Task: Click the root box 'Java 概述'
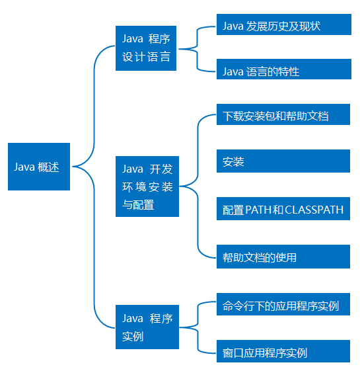pos(39,167)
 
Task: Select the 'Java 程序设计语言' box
pos(146,48)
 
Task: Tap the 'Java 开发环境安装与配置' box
pos(147,186)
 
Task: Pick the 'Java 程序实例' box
pos(147,327)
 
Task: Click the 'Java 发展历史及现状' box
pos(284,24)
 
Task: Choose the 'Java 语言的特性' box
pos(284,69)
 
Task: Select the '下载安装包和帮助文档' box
pos(283,114)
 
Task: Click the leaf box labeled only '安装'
pos(283,161)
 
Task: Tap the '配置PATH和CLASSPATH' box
pos(283,208)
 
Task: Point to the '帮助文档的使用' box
pos(283,257)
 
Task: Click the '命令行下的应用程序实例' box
pos(283,304)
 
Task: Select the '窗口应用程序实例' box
pos(283,351)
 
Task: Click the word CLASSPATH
pos(314,210)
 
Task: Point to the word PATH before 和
pos(258,210)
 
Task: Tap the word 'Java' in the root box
pos(24,167)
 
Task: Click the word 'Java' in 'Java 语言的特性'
pos(233,71)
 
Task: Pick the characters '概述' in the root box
pos(48,167)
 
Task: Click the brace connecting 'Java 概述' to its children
pos(94,167)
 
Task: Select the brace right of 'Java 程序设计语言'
pos(197,49)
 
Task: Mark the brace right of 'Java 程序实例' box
pos(198,327)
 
